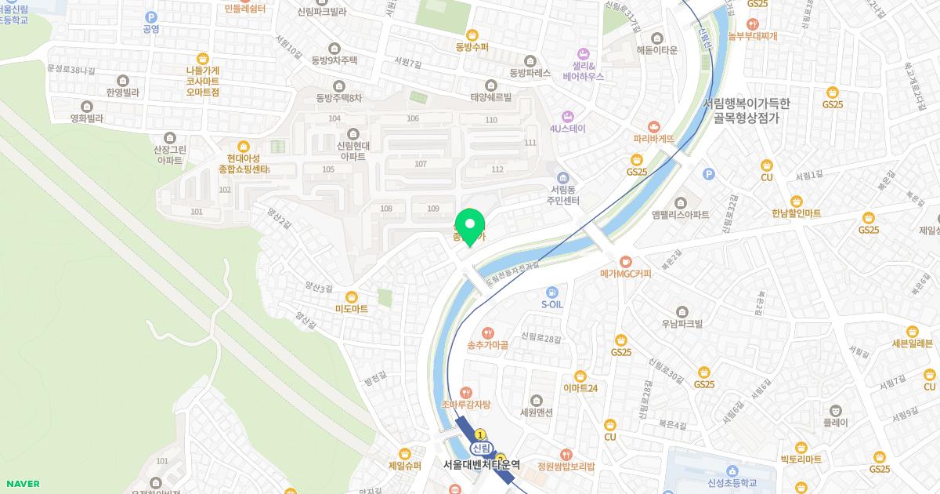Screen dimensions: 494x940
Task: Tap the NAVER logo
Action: point(21,484)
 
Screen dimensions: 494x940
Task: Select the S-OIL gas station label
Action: point(552,304)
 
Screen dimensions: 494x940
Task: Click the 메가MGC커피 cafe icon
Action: point(625,261)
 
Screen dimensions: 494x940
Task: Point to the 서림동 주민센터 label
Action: point(563,195)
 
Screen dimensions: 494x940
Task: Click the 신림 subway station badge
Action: point(480,448)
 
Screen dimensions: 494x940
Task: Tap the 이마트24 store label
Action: point(580,388)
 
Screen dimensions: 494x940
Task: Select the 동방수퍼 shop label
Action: point(472,46)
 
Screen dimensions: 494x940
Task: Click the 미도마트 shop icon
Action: point(351,296)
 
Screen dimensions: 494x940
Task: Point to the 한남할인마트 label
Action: point(796,213)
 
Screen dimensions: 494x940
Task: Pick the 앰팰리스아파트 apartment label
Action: point(680,214)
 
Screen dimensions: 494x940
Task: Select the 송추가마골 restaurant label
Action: point(488,345)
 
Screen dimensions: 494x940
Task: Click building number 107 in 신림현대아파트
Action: point(421,164)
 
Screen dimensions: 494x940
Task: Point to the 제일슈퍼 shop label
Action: point(405,466)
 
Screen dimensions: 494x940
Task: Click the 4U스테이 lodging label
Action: point(568,128)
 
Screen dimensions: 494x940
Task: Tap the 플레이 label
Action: point(836,422)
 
